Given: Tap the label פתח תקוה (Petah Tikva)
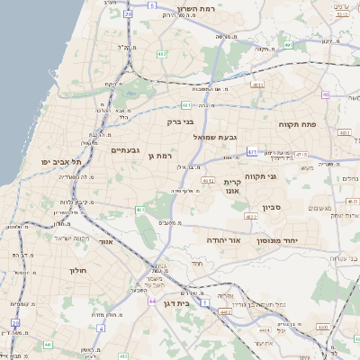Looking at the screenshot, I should coord(294,123).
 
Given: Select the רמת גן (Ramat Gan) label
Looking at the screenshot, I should coord(160,157).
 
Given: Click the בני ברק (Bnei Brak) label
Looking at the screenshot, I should coord(181,121).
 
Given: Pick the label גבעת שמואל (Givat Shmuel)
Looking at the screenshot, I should coord(214,137).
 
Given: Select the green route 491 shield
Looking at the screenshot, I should coord(289,43).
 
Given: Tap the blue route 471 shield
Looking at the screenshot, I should coord(252,152).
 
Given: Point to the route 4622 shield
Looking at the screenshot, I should coord(248,217).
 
